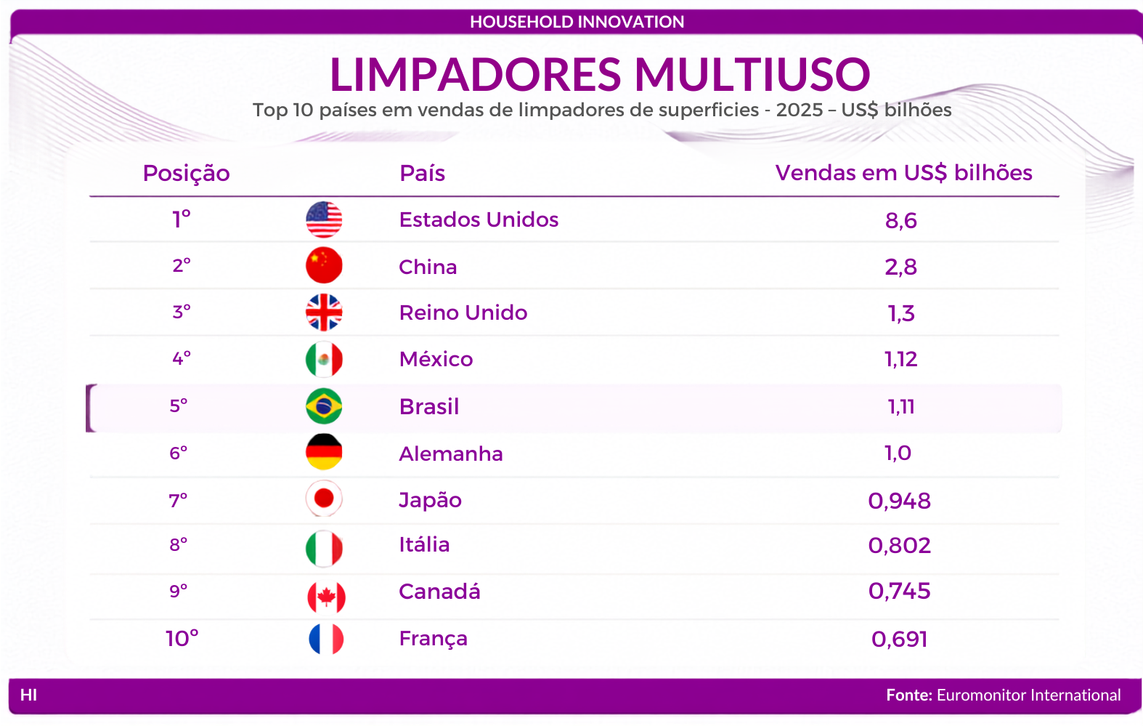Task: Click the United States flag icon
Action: (324, 219)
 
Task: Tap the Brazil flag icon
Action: (324, 406)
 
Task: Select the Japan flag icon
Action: (324, 499)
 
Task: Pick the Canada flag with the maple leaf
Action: (327, 597)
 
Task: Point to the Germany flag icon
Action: (324, 452)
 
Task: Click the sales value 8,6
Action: (901, 221)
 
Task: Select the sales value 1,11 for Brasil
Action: (901, 407)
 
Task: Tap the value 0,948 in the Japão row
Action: (900, 501)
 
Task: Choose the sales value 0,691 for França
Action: (900, 640)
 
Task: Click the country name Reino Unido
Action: (463, 313)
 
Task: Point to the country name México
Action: (436, 359)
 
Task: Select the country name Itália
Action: (425, 544)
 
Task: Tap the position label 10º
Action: (182, 639)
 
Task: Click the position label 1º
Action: (181, 219)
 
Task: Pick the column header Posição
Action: (186, 174)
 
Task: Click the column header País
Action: (423, 174)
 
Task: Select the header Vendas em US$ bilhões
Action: (903, 173)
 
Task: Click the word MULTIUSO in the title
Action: (752, 75)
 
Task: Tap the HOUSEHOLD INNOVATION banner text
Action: (577, 22)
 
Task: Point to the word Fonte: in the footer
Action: (909, 695)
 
